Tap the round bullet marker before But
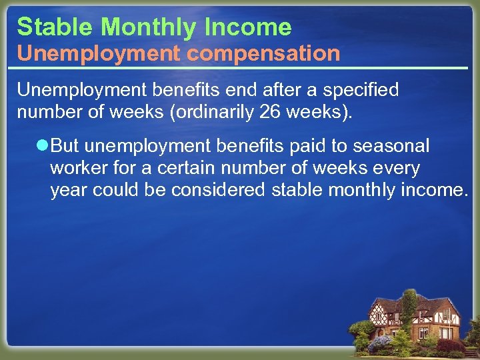point(43,145)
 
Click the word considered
point(218,191)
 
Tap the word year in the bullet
point(69,191)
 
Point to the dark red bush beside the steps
point(451,345)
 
